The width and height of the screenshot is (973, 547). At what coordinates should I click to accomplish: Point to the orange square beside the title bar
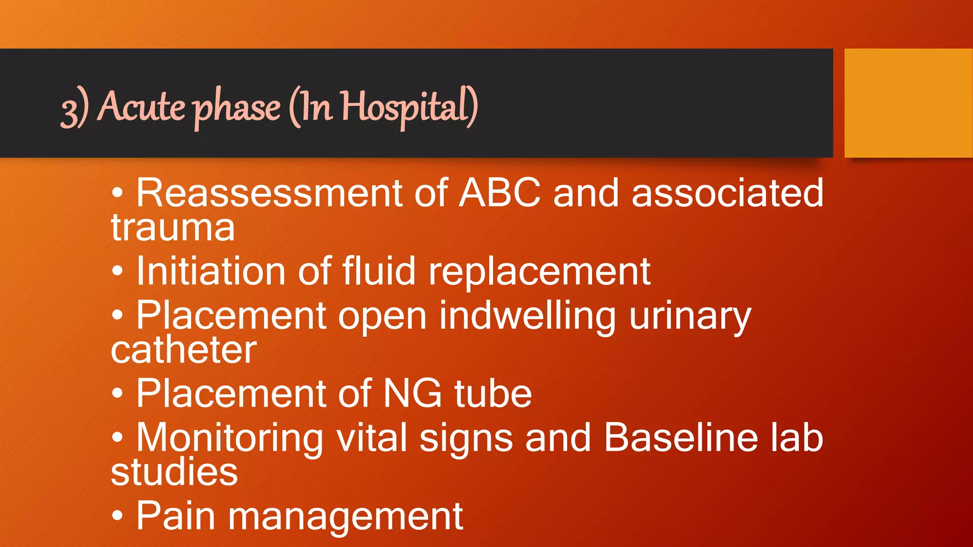[x=908, y=103]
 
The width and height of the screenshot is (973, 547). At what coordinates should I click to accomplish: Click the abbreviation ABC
[x=499, y=193]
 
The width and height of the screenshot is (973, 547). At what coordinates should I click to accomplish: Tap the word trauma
[x=173, y=228]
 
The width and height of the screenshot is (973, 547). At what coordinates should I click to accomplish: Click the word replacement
[x=540, y=272]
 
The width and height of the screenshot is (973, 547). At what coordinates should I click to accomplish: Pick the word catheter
[x=184, y=350]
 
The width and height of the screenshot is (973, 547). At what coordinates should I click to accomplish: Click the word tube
[x=493, y=394]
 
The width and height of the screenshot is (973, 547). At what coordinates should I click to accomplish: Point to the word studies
[x=174, y=472]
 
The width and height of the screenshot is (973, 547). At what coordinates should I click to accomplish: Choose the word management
[x=345, y=517]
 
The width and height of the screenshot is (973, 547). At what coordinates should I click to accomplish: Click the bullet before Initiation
[x=117, y=271]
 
